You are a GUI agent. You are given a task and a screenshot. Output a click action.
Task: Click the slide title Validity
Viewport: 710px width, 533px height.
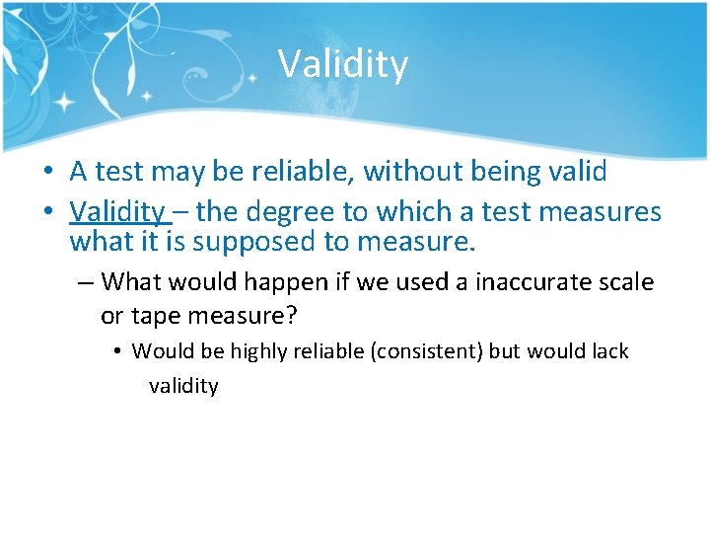342,64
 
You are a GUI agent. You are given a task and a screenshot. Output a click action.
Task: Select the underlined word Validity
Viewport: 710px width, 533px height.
117,211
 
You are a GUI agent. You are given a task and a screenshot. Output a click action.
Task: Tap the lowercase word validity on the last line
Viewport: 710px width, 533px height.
183,386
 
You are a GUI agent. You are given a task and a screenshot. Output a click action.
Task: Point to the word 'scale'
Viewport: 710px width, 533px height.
629,282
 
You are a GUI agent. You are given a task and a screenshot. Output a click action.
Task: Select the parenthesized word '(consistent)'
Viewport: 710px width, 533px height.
425,351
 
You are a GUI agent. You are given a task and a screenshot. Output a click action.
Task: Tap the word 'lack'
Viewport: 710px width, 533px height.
607,351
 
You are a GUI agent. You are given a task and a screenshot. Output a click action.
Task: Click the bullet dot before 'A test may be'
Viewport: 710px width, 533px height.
47,173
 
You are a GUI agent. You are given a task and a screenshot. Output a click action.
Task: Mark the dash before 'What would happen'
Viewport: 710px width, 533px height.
85,283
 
